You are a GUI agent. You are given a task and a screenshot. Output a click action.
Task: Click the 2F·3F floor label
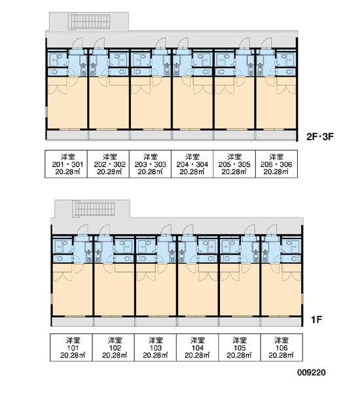(320, 137)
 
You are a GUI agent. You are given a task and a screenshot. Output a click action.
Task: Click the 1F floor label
(316, 320)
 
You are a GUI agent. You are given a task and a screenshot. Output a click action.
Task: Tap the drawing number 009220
(312, 373)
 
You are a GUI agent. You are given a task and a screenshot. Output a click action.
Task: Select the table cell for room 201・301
(66, 164)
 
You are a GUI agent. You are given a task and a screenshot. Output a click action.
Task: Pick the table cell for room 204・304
(192, 164)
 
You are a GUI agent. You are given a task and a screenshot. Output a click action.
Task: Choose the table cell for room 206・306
(277, 164)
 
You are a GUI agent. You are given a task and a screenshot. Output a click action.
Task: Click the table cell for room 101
(71, 347)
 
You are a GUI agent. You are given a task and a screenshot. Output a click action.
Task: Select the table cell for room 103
(155, 347)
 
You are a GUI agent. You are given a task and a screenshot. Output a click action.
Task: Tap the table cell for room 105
(240, 347)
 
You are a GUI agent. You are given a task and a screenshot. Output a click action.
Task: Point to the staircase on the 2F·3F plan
(90, 22)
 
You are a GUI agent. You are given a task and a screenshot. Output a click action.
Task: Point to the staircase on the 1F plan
(95, 209)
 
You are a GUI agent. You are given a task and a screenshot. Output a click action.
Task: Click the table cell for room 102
(113, 347)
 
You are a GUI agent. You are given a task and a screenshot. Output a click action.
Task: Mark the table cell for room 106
(281, 347)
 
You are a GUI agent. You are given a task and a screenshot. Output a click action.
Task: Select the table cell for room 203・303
(151, 164)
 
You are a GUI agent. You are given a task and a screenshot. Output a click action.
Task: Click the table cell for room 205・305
(234, 164)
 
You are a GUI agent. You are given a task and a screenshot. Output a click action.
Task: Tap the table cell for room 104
(198, 347)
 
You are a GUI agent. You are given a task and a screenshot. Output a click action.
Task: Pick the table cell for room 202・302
(108, 164)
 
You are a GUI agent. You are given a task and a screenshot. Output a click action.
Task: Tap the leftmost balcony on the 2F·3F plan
(67, 135)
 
